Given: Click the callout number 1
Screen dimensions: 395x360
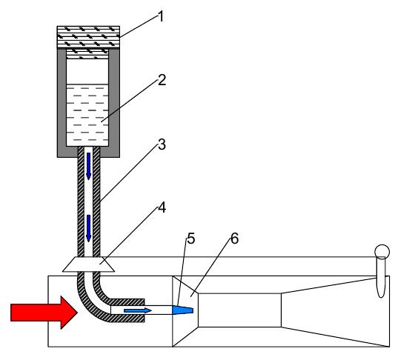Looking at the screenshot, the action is pyautogui.click(x=161, y=16).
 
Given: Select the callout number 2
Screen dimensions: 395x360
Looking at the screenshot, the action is pyautogui.click(x=162, y=80).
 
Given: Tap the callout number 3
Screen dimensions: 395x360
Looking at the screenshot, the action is pyautogui.click(x=162, y=144).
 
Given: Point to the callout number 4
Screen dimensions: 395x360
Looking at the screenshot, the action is pyautogui.click(x=162, y=208).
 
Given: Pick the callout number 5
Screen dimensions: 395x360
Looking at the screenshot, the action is pyautogui.click(x=191, y=239).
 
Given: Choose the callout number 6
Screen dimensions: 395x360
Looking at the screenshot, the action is pyautogui.click(x=234, y=239).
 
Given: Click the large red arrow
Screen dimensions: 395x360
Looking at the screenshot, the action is pyautogui.click(x=44, y=313).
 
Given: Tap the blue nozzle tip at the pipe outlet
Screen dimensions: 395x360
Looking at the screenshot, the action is pyautogui.click(x=182, y=310).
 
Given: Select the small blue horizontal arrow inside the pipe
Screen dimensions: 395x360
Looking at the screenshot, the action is pyautogui.click(x=138, y=310).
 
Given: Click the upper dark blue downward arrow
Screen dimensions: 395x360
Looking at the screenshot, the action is pyautogui.click(x=88, y=166).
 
